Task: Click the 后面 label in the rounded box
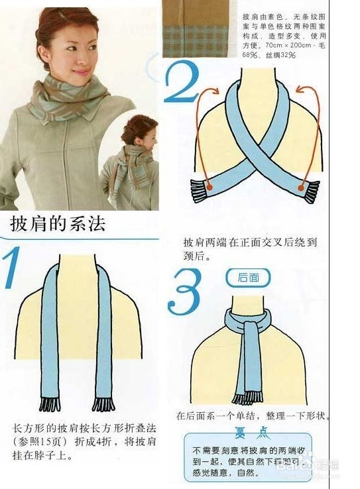[248, 278]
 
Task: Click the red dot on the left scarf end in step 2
[209, 188]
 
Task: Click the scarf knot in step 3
[247, 325]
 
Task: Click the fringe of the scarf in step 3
[248, 398]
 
